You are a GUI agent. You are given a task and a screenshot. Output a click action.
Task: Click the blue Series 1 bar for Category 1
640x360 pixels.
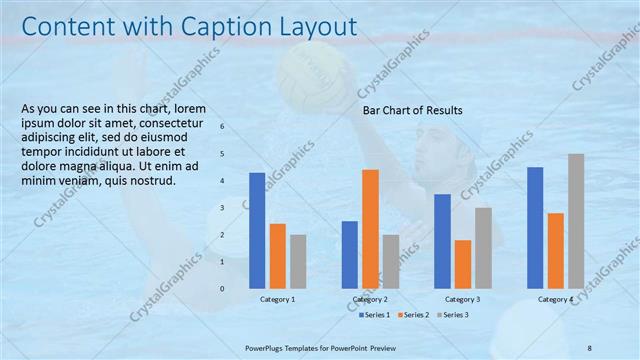257,230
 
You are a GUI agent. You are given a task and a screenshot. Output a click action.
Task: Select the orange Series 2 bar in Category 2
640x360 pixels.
370,228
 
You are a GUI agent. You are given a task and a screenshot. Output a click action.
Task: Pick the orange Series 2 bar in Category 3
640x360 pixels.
462,263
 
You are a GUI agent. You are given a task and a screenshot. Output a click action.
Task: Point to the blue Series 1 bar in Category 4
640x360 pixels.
535,227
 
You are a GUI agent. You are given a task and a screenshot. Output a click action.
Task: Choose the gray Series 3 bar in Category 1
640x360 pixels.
298,261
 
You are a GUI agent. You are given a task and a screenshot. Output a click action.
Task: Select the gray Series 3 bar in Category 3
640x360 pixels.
483,247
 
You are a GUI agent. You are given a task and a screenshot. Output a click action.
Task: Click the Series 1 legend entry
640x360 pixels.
375,315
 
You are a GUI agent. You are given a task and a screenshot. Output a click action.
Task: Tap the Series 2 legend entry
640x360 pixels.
414,315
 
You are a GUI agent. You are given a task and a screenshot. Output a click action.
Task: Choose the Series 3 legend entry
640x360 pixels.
453,315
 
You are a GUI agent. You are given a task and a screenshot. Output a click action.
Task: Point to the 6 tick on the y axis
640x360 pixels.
222,127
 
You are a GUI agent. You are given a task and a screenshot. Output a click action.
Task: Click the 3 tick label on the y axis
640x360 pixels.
222,208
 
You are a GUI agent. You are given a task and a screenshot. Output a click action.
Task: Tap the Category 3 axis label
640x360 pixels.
462,299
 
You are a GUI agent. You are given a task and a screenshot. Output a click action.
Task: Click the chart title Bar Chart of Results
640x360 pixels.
412,111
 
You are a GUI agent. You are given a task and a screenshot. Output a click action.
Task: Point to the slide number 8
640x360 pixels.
590,347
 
